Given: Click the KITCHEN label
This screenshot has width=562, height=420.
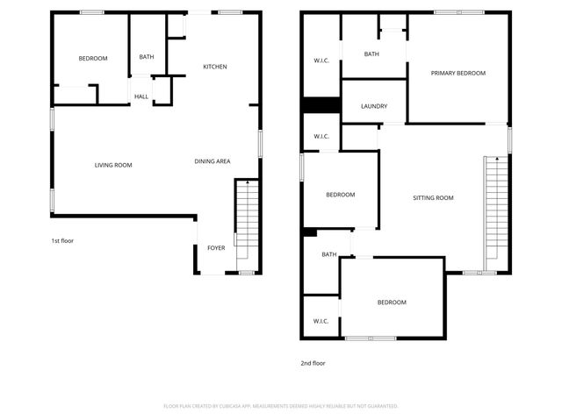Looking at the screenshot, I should point(215,67).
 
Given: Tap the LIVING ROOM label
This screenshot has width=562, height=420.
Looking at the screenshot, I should point(113,165).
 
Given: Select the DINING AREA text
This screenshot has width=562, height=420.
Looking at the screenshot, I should point(213,161).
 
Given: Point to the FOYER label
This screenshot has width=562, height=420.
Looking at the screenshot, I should point(215,248).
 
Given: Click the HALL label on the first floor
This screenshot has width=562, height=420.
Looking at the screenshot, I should point(140,96).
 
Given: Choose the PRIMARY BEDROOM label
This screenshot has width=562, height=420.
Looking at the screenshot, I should point(458,74).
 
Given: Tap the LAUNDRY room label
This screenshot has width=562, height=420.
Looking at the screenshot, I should point(374,107).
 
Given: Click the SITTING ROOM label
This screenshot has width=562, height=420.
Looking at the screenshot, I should point(433,198).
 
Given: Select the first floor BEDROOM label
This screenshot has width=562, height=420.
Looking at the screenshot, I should point(92,59).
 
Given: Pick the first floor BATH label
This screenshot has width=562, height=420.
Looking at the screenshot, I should point(146,58).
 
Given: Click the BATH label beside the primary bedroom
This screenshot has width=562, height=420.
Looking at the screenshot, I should point(371,54).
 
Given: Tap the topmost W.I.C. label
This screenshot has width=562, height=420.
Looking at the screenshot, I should point(321,61).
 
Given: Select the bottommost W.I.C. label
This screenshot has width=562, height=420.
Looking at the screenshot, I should point(321,321).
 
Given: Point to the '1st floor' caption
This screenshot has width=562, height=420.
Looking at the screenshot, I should point(62,240).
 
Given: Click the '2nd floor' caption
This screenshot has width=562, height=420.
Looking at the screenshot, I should point(313,362).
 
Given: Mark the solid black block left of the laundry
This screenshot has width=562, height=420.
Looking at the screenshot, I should point(321,105).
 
